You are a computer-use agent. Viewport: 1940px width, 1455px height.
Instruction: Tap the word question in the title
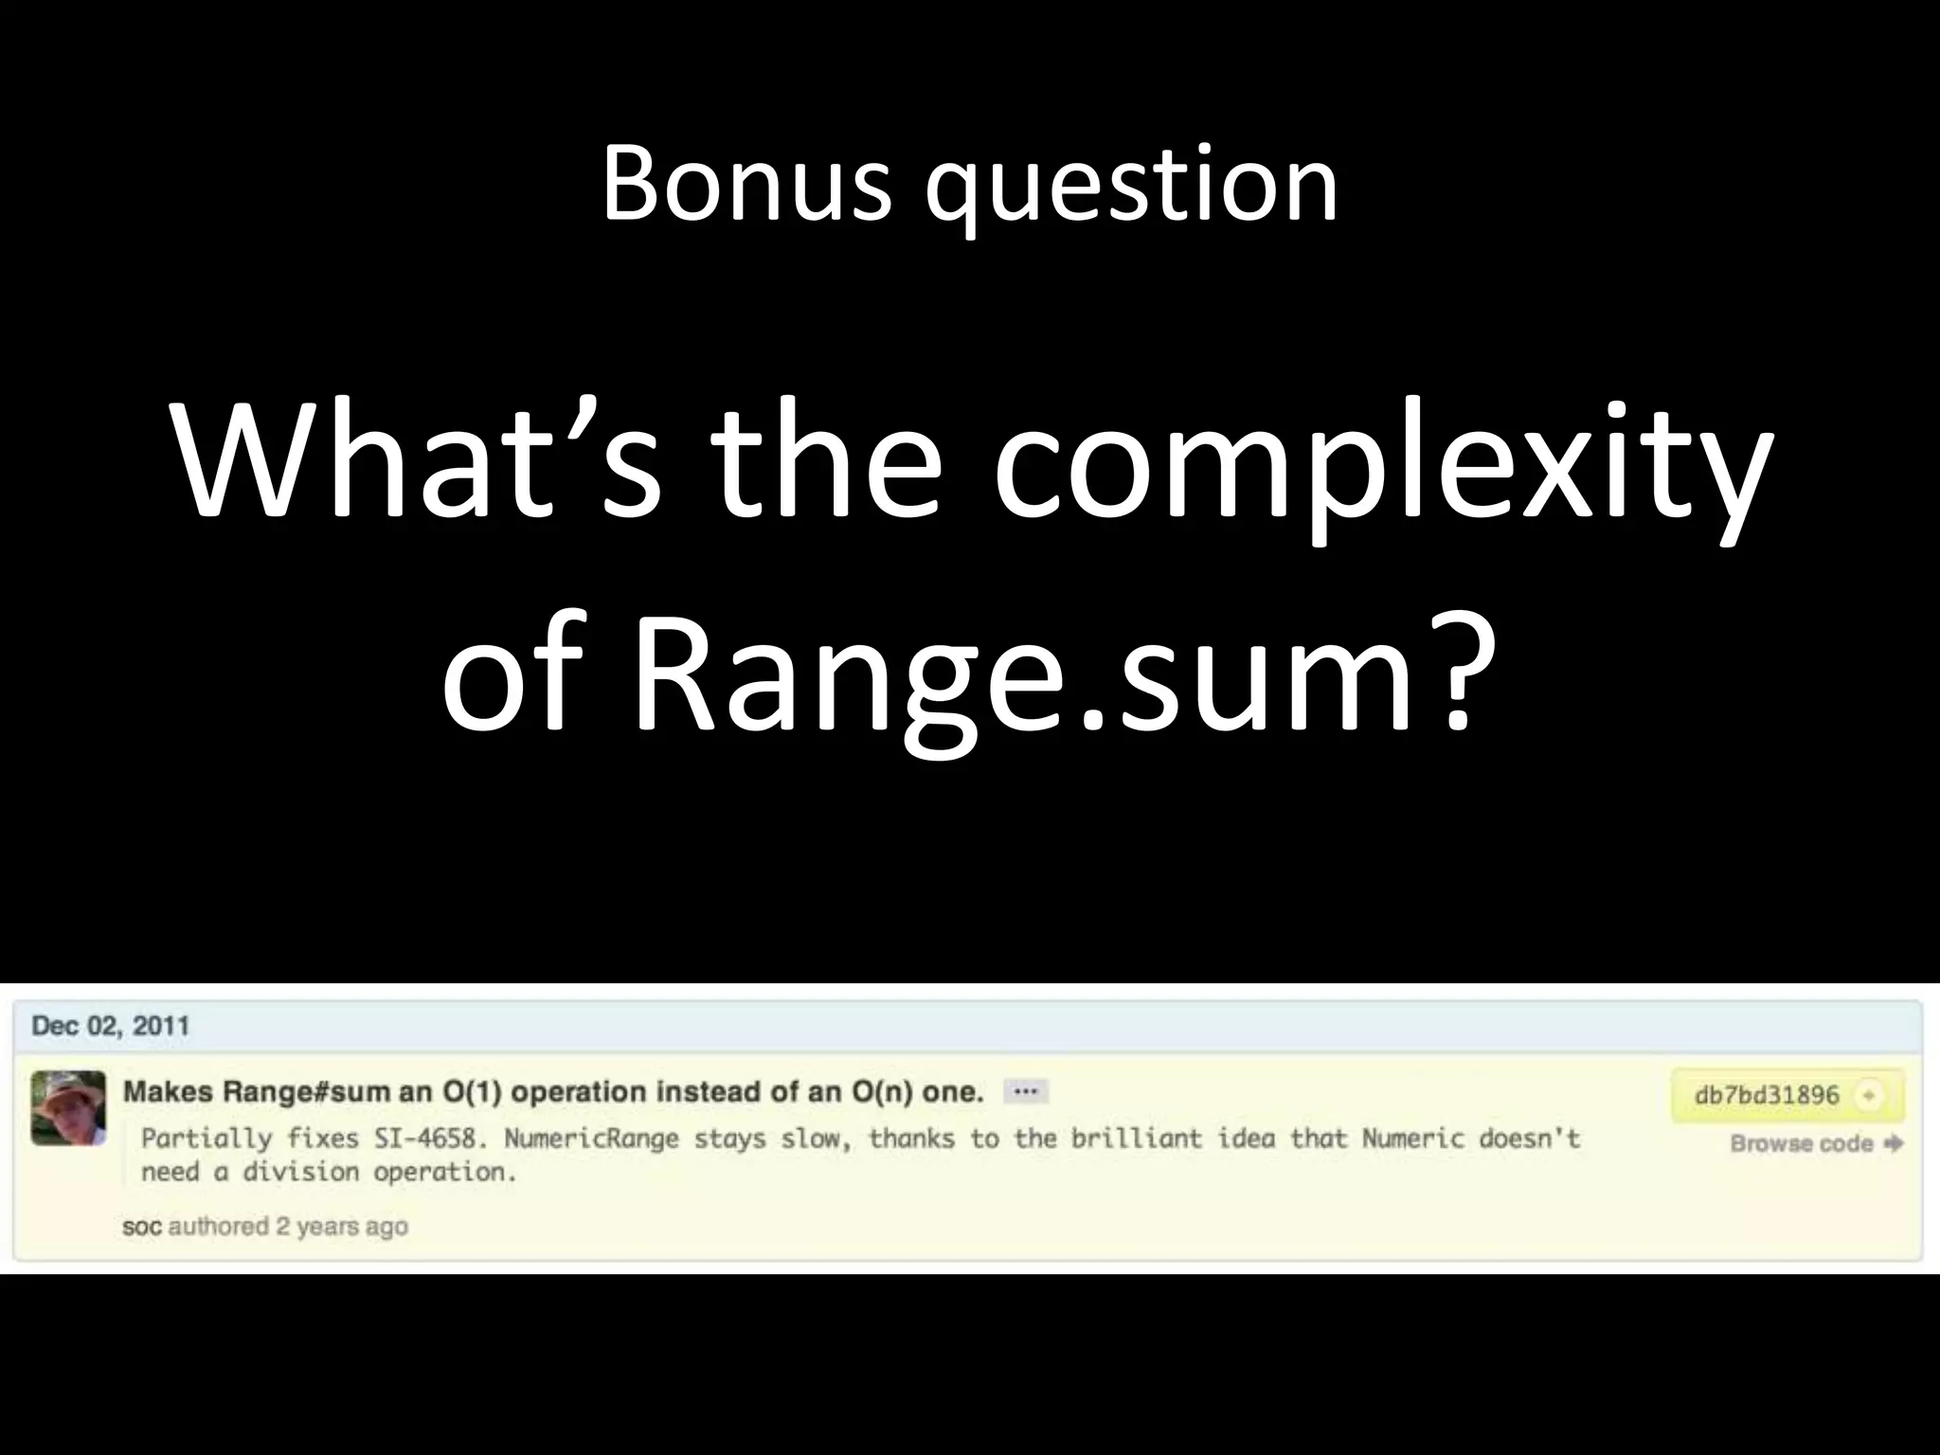[1132, 189]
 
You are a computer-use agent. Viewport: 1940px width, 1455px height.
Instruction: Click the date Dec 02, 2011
[111, 1026]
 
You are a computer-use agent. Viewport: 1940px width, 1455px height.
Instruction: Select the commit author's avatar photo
[68, 1107]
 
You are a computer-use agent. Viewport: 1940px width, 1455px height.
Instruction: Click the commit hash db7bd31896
[1766, 1096]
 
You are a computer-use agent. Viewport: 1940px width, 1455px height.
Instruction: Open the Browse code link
[1802, 1143]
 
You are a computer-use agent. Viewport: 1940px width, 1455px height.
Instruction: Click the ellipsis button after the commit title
[1025, 1092]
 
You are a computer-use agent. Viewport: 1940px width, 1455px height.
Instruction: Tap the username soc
[142, 1227]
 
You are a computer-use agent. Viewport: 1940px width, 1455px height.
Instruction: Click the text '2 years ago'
[342, 1227]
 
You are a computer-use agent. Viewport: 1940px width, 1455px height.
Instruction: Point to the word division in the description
[299, 1173]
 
